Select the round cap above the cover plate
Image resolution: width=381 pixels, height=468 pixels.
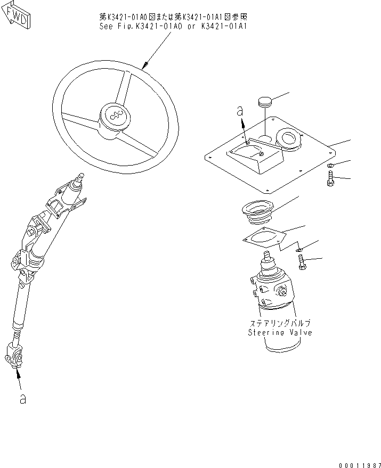265,100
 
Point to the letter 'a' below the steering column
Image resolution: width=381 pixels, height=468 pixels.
22,398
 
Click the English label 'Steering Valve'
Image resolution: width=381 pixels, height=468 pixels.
280,332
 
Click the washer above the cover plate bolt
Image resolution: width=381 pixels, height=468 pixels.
330,167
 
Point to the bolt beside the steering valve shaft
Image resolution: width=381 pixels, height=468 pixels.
301,262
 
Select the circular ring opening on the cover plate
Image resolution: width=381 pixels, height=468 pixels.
289,139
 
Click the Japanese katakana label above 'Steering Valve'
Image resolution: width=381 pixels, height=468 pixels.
280,323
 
